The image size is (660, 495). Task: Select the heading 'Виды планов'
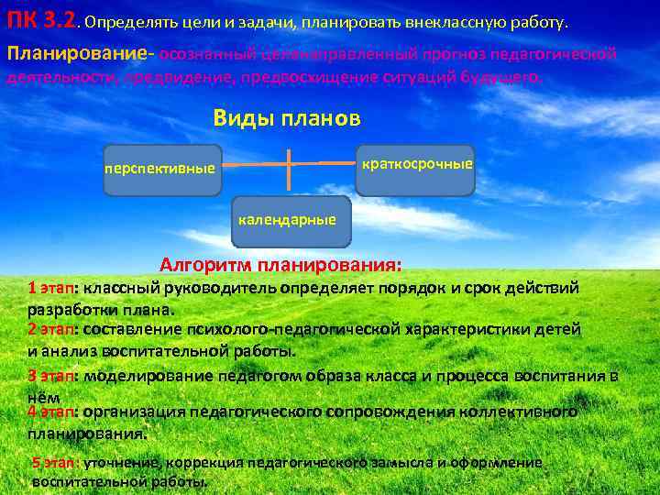click(287, 119)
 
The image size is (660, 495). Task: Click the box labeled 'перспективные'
click(161, 170)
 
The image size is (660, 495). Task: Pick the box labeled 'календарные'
click(290, 221)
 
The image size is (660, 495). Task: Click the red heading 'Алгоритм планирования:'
click(280, 266)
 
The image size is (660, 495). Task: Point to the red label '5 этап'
click(56, 463)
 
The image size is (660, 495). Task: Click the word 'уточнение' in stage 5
click(122, 463)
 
